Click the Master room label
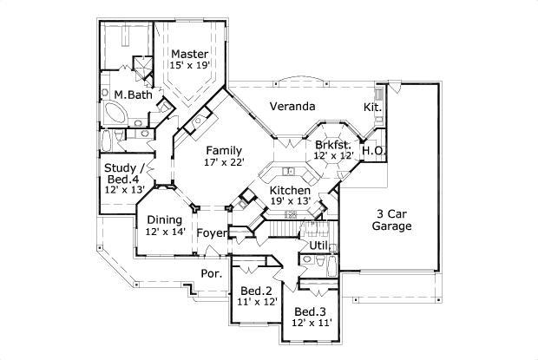pyautogui.click(x=188, y=54)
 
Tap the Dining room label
pyautogui.click(x=164, y=220)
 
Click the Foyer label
pyautogui.click(x=211, y=233)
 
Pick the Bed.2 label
pyautogui.click(x=258, y=290)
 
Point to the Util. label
pyautogui.click(x=319, y=246)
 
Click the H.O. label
pyautogui.click(x=373, y=151)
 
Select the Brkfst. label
pyautogui.click(x=333, y=144)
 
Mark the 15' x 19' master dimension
pyautogui.click(x=188, y=66)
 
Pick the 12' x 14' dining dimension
pyautogui.click(x=164, y=232)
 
